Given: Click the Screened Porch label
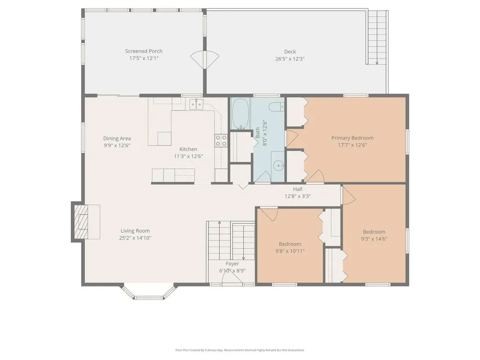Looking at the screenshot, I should pyautogui.click(x=143, y=51).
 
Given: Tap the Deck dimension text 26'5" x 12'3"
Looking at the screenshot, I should pyautogui.click(x=290, y=59).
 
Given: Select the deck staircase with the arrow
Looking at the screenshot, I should pyautogui.click(x=377, y=37).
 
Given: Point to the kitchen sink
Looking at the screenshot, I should pyautogui.click(x=196, y=104).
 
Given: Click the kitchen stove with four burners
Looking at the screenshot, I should pyautogui.click(x=221, y=141).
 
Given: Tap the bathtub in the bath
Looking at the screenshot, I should pyautogui.click(x=240, y=113).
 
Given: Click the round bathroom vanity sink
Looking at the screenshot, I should pyautogui.click(x=279, y=165).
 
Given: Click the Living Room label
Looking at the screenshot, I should pyautogui.click(x=135, y=231).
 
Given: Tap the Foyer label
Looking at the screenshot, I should pyautogui.click(x=232, y=264).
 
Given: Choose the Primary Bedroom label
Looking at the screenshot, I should pyautogui.click(x=352, y=138).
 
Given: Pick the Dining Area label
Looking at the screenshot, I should pyautogui.click(x=117, y=138).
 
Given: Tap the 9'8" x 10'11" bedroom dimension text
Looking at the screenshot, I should pyautogui.click(x=290, y=251).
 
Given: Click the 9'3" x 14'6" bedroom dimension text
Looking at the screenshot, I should pyautogui.click(x=374, y=239).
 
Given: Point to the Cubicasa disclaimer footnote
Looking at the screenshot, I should pyautogui.click(x=240, y=350).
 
